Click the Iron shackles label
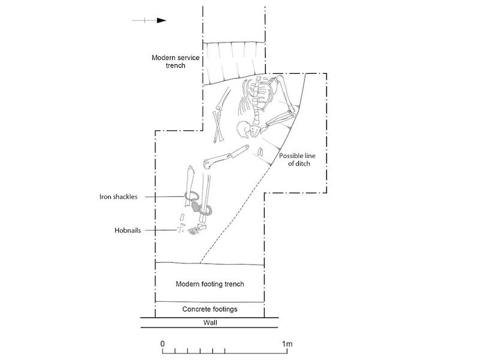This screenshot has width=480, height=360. [x=119, y=196]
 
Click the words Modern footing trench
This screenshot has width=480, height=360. [x=209, y=284]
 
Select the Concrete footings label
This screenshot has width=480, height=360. [x=209, y=310]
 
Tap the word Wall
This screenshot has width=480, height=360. [x=209, y=323]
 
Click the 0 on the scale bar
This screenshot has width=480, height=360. [x=163, y=344]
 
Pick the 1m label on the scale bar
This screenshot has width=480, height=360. [x=287, y=344]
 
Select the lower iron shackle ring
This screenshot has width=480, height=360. [x=206, y=211]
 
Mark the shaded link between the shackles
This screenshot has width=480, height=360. [x=197, y=206]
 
